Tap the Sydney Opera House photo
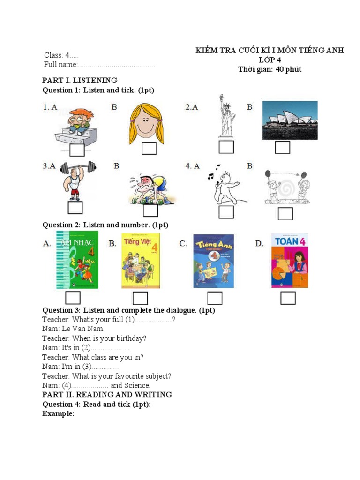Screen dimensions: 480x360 [x=290, y=120]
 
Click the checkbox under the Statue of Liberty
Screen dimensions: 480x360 [x=226, y=147]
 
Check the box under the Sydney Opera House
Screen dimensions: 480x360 [x=282, y=147]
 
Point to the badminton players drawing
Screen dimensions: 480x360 [x=286, y=186]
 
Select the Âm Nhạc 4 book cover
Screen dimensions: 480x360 [x=77, y=260]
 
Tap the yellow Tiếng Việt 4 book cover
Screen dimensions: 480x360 [x=140, y=261]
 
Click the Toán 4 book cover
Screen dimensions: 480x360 [x=290, y=260]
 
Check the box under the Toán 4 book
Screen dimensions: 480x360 [x=288, y=298]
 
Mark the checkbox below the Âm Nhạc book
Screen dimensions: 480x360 [x=73, y=298]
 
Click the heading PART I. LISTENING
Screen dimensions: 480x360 [x=80, y=80]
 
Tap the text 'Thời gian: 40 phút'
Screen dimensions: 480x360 [x=270, y=69]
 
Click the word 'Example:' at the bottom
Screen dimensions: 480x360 [x=58, y=413]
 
